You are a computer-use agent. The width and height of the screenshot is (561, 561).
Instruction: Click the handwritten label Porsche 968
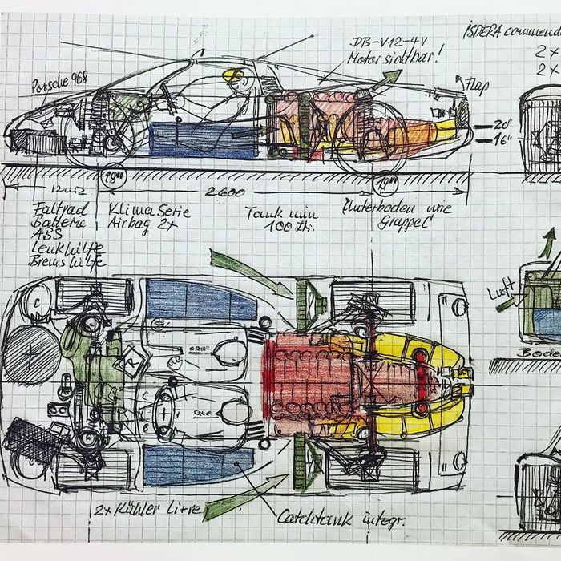coord(54,84)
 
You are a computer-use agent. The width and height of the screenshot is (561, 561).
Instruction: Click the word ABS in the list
coord(43,236)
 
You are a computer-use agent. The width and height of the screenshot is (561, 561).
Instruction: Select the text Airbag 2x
coord(135,226)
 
